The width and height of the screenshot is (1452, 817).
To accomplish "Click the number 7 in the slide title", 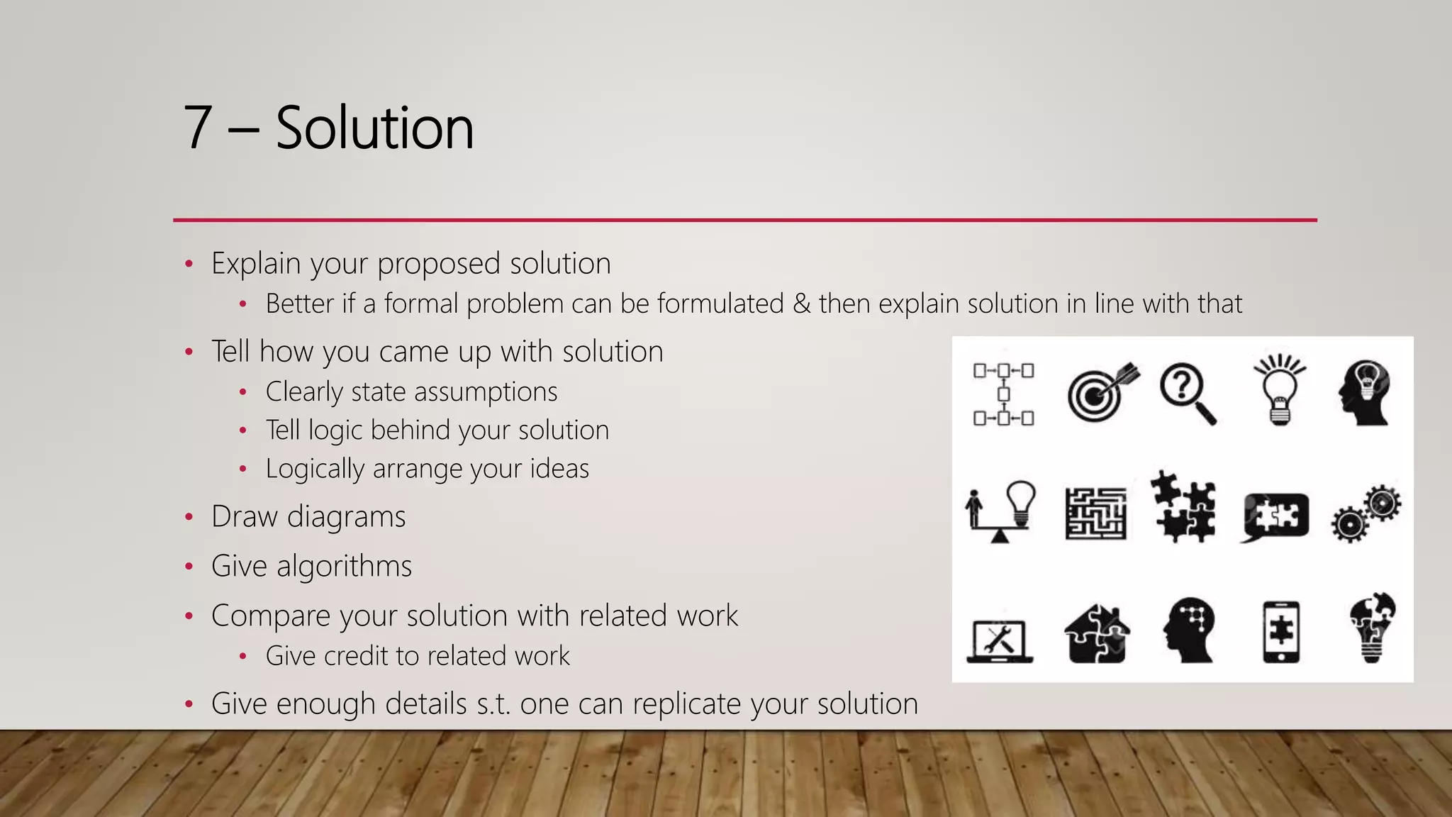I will (198, 128).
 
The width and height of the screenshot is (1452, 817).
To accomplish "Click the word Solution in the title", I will (374, 128).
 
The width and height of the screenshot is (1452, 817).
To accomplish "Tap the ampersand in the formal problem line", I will (801, 304).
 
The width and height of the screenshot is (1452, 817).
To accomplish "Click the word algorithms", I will (344, 567).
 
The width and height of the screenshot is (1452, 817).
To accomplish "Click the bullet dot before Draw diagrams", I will (189, 517).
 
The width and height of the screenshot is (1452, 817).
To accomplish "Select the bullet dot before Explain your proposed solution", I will (189, 264).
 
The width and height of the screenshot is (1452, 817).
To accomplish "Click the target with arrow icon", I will (1101, 392).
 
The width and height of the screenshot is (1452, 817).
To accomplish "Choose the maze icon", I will (1095, 513).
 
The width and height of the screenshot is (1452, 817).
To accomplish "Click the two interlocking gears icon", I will (1366, 513).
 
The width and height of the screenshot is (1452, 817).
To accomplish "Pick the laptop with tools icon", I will (1000, 640).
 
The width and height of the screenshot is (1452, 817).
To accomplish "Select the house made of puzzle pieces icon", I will (1096, 633).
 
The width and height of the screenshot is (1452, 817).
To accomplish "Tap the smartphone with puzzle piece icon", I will (1281, 632).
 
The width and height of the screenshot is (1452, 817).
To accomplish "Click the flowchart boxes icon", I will (1003, 394).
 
